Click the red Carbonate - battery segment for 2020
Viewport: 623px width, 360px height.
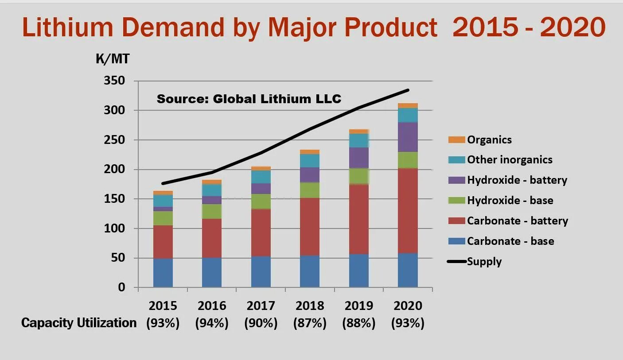(408, 211)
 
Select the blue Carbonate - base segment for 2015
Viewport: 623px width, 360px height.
(163, 273)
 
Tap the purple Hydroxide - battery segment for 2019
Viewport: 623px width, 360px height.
(359, 158)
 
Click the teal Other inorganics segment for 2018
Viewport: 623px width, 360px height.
(310, 161)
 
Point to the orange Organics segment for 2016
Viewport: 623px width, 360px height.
(212, 182)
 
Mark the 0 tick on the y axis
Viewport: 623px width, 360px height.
(121, 287)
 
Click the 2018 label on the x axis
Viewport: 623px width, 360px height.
(310, 306)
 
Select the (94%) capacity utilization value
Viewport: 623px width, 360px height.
(212, 323)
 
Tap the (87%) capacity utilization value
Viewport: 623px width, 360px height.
(310, 323)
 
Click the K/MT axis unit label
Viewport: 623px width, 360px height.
(113, 59)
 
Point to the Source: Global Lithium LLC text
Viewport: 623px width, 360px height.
(249, 98)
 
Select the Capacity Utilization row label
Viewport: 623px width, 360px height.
(79, 323)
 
